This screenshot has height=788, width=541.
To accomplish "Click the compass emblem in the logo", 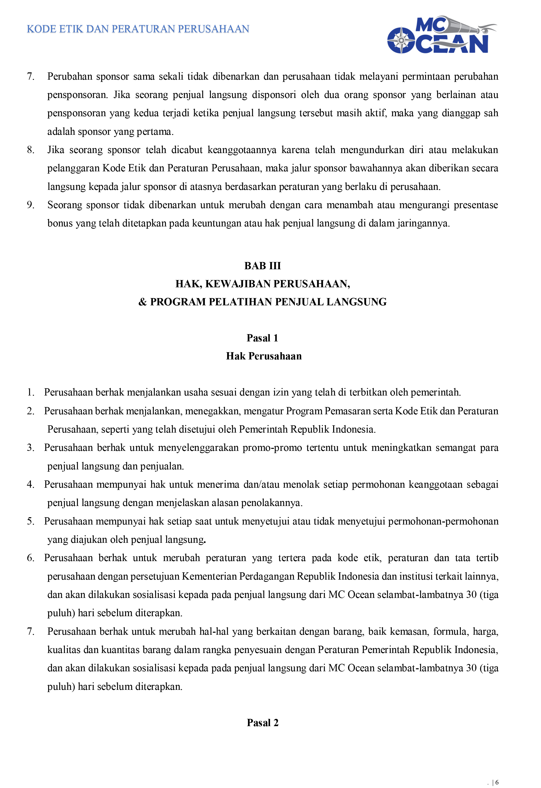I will pyautogui.click(x=401, y=41).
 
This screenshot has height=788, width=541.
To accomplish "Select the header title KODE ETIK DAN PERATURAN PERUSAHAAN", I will pyautogui.click(x=138, y=29).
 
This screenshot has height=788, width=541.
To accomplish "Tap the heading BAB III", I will pyautogui.click(x=262, y=266).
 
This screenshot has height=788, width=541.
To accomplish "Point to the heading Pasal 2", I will pyautogui.click(x=262, y=723).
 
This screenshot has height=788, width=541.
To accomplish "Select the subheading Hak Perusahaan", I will pyautogui.click(x=264, y=356).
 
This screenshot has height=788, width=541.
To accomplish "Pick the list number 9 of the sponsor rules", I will pyautogui.click(x=31, y=205).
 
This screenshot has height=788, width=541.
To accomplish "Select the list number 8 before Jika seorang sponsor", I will pyautogui.click(x=31, y=150).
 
